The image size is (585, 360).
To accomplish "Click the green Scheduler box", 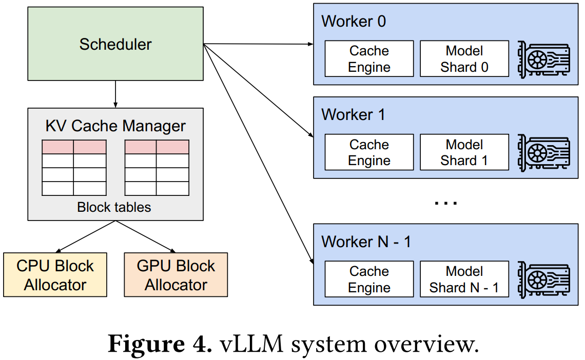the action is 115,44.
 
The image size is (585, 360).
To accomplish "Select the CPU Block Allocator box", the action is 55,275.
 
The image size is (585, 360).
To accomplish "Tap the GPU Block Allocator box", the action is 175,275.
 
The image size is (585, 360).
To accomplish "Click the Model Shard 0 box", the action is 464,59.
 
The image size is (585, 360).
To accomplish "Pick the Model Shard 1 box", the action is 464,152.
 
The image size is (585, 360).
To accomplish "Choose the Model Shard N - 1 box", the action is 464,279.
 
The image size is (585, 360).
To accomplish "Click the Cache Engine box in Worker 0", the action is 369,59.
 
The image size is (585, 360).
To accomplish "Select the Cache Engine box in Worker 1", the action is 369,152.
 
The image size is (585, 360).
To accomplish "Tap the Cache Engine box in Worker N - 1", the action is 369,279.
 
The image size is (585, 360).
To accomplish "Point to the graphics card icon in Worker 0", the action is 544,59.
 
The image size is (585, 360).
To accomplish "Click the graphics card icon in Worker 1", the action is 544,153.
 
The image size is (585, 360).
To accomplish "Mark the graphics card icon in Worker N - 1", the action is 544,280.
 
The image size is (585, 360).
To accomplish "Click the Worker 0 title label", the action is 354,21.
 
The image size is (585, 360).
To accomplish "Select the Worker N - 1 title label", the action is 366,242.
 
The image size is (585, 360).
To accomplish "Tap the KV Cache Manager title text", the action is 115,126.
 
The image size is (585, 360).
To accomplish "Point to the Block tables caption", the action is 114,207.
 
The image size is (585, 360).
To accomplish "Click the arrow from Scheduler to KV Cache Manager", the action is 115,94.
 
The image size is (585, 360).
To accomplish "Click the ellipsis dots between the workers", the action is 446,203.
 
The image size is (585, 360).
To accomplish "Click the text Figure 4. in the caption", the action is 160,344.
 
